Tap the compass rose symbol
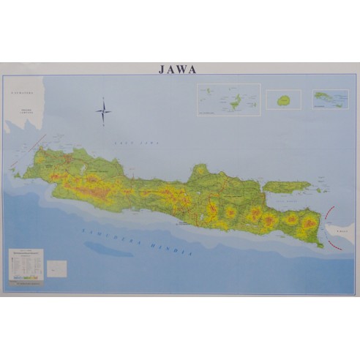(x=103, y=112)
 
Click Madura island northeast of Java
(x=287, y=187)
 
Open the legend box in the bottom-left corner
(x=26, y=265)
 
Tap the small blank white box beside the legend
(x=56, y=269)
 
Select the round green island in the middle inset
(x=282, y=100)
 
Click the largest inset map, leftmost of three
(x=228, y=100)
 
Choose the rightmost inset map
(x=330, y=99)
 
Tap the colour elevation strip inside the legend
(x=26, y=276)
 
